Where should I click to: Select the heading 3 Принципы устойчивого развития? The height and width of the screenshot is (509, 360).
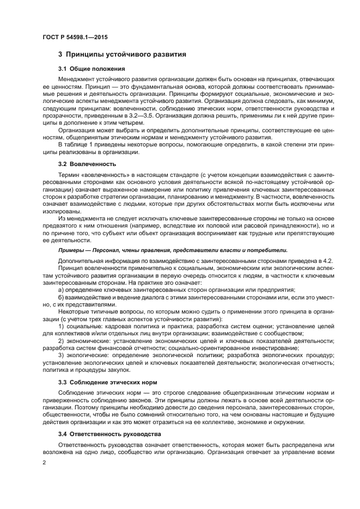coord(123,54)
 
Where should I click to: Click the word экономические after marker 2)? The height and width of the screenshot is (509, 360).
coord(87,340)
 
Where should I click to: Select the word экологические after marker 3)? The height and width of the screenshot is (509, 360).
coord(87,355)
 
